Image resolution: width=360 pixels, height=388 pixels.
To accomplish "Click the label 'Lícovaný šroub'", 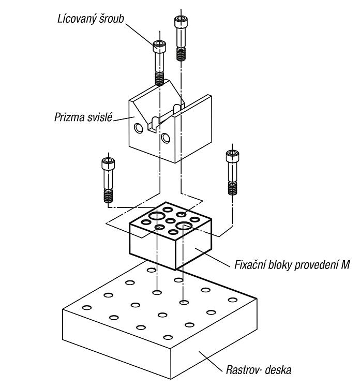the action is click(91, 19).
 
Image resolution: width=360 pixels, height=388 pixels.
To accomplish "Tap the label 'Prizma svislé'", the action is click(83, 117).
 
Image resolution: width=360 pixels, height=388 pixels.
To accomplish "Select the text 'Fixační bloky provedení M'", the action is click(292, 265).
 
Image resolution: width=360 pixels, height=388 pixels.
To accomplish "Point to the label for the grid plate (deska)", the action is click(259, 370).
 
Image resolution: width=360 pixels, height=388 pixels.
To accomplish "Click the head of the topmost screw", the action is click(181, 22).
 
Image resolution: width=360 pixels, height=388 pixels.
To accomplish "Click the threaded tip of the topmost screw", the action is click(181, 54).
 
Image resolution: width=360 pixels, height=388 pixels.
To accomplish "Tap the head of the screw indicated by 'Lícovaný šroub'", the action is click(159, 47).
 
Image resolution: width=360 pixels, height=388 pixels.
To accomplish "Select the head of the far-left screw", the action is click(108, 163).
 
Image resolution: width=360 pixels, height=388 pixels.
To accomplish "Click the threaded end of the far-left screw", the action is click(108, 196).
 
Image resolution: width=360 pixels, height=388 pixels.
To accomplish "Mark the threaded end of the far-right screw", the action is click(232, 188).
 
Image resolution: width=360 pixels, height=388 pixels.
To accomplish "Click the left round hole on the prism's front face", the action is click(139, 128).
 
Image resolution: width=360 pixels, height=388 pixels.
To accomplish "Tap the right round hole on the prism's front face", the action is click(166, 138).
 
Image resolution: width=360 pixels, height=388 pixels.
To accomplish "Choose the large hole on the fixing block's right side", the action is click(184, 226).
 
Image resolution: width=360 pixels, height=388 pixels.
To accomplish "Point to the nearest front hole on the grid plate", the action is click(168, 337).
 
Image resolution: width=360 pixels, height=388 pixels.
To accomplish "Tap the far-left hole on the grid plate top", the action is click(86, 308).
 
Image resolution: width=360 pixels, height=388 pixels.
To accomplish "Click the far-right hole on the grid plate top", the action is click(233, 300).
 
